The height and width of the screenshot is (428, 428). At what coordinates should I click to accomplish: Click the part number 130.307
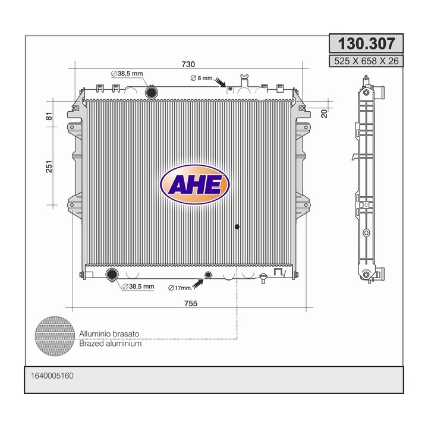click(x=366, y=43)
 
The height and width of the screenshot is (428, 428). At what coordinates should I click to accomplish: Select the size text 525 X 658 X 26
click(x=366, y=61)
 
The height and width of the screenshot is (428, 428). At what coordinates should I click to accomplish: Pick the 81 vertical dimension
click(x=49, y=115)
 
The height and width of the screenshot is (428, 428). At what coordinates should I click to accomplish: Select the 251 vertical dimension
click(x=49, y=167)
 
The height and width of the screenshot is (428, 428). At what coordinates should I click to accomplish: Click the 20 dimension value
click(x=324, y=113)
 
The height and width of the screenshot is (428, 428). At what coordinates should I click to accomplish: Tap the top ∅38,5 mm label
click(x=127, y=73)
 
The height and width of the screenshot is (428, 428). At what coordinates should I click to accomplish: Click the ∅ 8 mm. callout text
click(x=201, y=78)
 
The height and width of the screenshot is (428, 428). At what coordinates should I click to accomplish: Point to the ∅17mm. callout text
click(x=180, y=288)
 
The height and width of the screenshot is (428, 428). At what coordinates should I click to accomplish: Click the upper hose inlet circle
click(x=152, y=92)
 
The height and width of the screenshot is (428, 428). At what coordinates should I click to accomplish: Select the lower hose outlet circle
click(x=111, y=275)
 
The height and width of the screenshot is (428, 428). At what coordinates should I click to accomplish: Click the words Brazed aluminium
click(x=110, y=344)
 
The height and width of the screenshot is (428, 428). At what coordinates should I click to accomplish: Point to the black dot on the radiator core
click(x=237, y=226)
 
